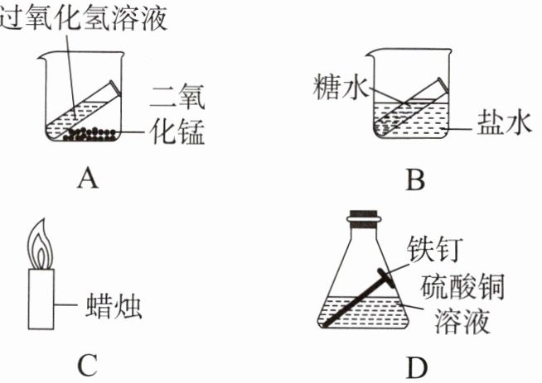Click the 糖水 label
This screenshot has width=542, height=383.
(x=335, y=85)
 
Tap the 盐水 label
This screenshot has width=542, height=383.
(x=500, y=123)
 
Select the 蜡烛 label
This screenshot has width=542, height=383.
(x=116, y=308)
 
